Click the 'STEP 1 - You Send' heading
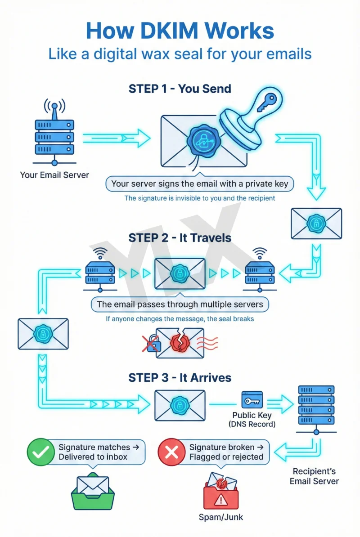pyautogui.click(x=180, y=89)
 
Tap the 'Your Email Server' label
pyautogui.click(x=54, y=175)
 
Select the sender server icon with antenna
pyautogui.click(x=54, y=133)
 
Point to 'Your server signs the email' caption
pyautogui.click(x=200, y=183)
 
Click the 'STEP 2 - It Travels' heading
pyautogui.click(x=180, y=237)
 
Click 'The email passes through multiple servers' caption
pyautogui.click(x=180, y=304)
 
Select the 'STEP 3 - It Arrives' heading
pyautogui.click(x=180, y=377)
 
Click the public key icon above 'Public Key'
pyautogui.click(x=252, y=399)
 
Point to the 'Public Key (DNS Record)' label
pyautogui.click(x=252, y=419)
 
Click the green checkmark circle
pyautogui.click(x=40, y=452)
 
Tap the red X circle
pyautogui.click(x=171, y=452)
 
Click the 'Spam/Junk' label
pyautogui.click(x=221, y=517)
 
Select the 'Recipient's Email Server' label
pyautogui.click(x=314, y=476)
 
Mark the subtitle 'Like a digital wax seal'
pyautogui.click(x=180, y=54)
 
